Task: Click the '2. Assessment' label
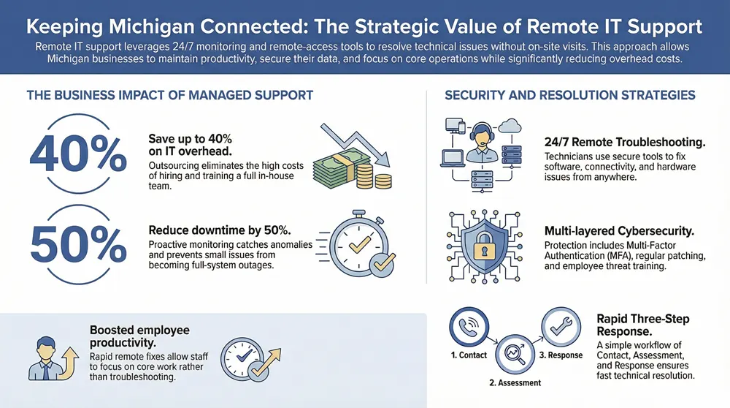coord(515,382)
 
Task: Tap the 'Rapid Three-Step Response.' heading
coord(642,325)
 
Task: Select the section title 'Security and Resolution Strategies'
coord(569,95)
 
